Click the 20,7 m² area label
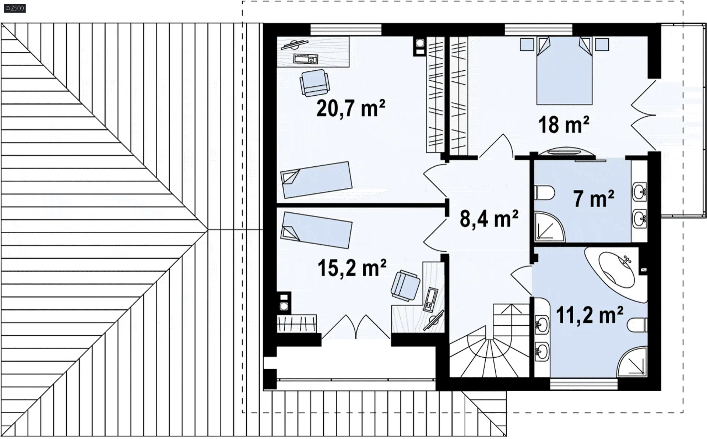point(351,108)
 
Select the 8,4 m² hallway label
point(489,219)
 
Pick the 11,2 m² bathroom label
point(590,315)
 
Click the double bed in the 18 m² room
point(564,71)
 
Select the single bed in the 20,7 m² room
point(316,180)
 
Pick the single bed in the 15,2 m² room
point(316,229)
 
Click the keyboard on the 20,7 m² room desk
point(306,59)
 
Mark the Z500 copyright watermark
point(15,8)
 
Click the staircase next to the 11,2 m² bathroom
point(489,340)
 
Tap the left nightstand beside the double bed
point(527,44)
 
